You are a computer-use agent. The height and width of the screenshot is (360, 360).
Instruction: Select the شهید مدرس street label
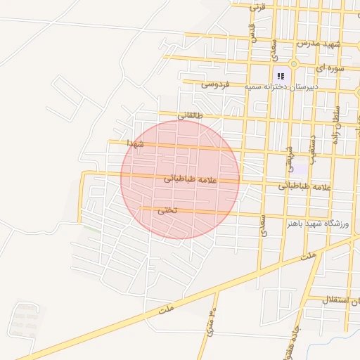pyautogui.click(x=318, y=44)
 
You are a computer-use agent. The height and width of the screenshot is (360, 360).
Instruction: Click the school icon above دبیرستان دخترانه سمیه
pyautogui.click(x=281, y=75)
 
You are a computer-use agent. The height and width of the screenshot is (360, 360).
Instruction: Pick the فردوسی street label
pyautogui.click(x=215, y=84)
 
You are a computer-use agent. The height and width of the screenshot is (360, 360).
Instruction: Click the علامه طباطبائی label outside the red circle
pyautogui.click(x=304, y=186)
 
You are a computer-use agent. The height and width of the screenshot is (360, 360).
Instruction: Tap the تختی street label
pyautogui.click(x=167, y=210)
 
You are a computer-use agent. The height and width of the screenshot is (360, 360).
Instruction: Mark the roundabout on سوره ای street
pyautogui.click(x=294, y=64)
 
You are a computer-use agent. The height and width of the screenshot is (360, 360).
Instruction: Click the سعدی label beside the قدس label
pyautogui.click(x=275, y=46)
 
